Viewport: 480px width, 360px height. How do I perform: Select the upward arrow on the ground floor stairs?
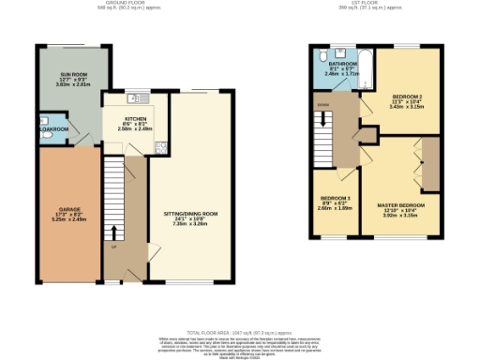pos(114,232)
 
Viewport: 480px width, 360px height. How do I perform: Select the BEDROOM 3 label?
pos(335,199)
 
